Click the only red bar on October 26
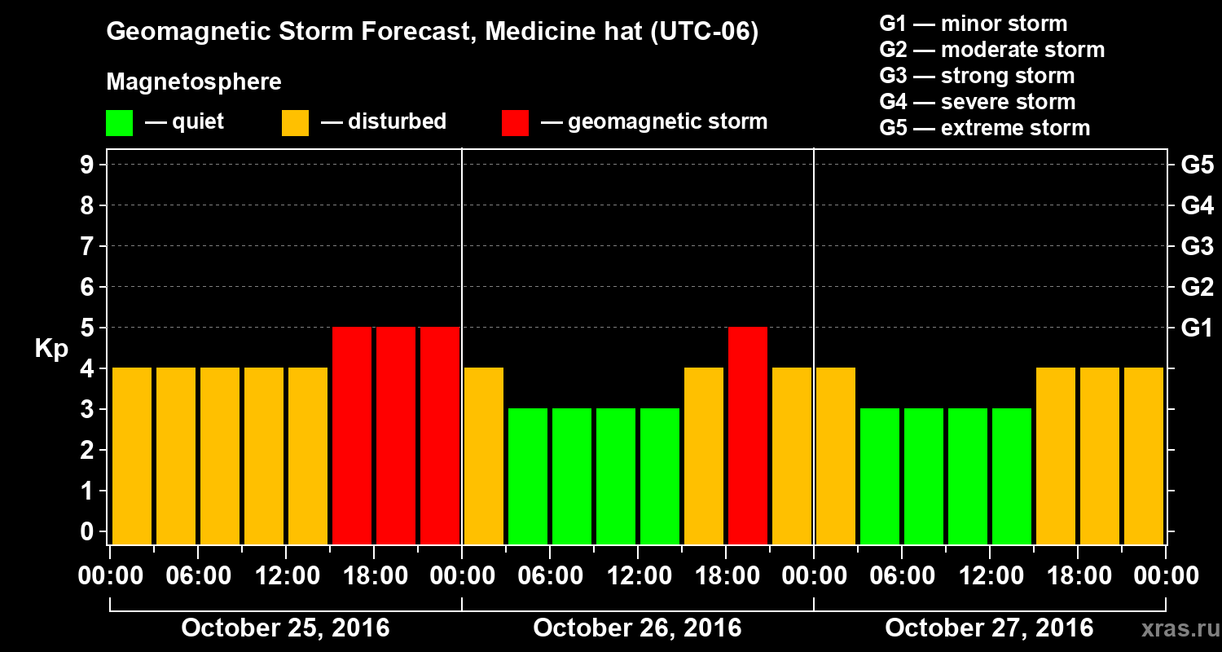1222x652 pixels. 748,435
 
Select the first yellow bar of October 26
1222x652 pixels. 484,456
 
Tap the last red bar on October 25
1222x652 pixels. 440,435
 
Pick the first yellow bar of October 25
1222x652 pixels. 132,456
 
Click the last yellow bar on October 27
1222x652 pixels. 1144,456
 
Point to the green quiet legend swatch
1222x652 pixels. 119,123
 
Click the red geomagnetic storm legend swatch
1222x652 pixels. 515,123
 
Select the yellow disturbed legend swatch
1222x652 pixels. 295,123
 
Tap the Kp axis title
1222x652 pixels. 51,349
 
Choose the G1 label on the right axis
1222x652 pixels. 1197,328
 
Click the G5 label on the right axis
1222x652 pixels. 1197,165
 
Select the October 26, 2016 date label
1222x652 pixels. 637,628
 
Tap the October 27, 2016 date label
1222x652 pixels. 989,628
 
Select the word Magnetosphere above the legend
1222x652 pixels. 194,82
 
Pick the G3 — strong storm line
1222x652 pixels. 977,76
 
